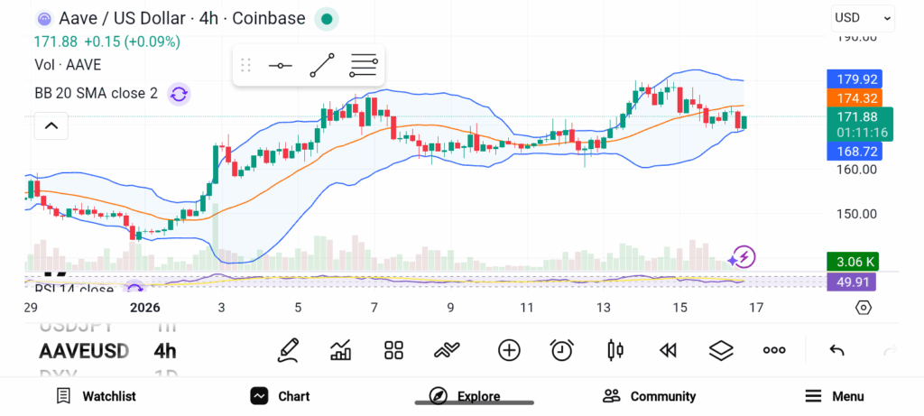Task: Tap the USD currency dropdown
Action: click(862, 17)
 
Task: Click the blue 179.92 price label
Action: click(853, 79)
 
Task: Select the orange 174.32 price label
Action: click(853, 97)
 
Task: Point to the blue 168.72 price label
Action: click(853, 152)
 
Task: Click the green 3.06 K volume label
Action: click(852, 263)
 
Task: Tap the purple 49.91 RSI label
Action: click(852, 282)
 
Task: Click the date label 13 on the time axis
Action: click(604, 308)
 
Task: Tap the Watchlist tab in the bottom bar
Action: click(96, 396)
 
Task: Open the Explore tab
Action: click(465, 396)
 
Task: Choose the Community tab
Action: click(650, 396)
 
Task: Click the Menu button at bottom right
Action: click(835, 396)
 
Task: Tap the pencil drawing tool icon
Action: click(289, 350)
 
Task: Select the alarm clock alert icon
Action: click(562, 350)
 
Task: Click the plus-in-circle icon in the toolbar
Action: click(509, 350)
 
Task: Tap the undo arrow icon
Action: click(836, 350)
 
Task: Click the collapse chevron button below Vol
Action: click(51, 125)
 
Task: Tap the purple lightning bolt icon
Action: click(744, 257)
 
